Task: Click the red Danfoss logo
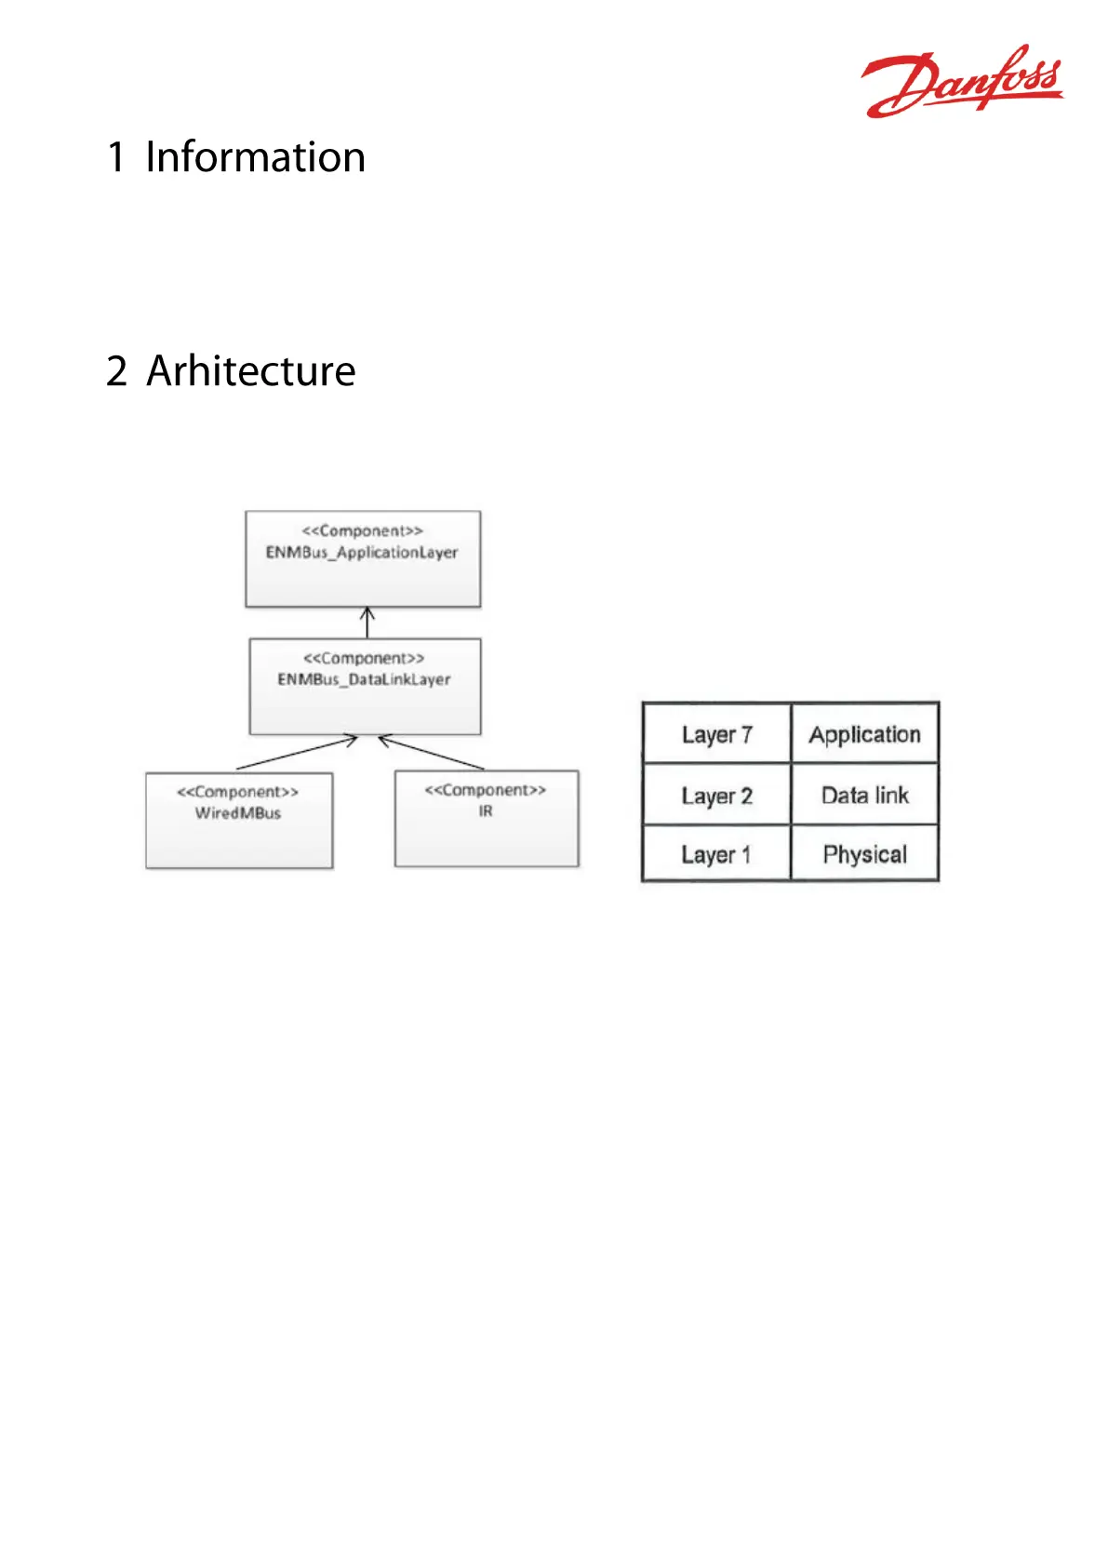(962, 81)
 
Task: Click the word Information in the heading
(255, 156)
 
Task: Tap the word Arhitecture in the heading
(251, 370)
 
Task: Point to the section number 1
(116, 156)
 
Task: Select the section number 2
(117, 370)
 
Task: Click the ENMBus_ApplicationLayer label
(362, 553)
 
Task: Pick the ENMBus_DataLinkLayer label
(364, 679)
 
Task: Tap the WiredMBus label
(238, 813)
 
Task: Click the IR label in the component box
(486, 810)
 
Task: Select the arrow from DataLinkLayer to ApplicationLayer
(367, 623)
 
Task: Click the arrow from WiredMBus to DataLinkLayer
(297, 753)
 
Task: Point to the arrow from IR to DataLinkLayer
(431, 753)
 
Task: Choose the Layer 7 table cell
(717, 733)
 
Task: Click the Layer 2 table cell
(717, 794)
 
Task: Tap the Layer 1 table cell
(717, 852)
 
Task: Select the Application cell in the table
(864, 733)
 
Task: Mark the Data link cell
(864, 794)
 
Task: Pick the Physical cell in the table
(864, 852)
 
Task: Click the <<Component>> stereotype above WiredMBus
(238, 792)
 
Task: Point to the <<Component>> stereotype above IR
(486, 790)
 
